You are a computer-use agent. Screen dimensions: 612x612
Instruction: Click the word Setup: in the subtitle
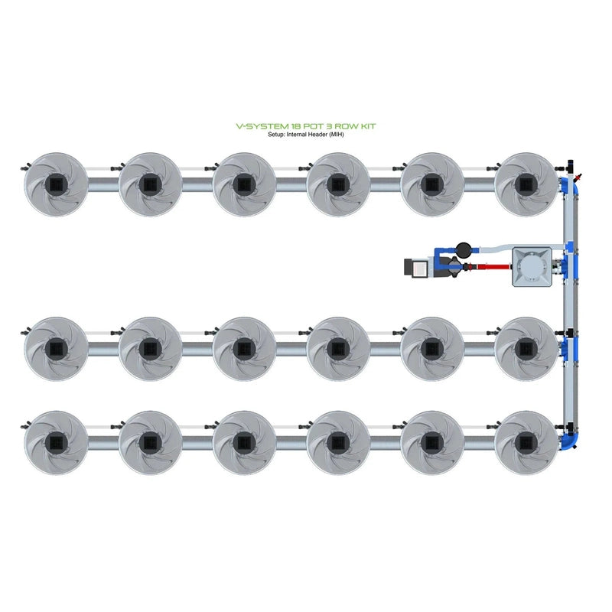(x=276, y=135)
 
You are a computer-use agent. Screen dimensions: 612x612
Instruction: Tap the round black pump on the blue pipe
(x=463, y=249)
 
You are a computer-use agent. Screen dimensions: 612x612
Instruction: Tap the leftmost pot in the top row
(x=56, y=184)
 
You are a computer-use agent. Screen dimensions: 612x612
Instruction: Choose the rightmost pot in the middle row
(x=526, y=348)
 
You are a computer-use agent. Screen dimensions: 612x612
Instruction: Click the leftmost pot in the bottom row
(x=56, y=442)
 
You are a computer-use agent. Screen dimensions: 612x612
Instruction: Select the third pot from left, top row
(x=244, y=184)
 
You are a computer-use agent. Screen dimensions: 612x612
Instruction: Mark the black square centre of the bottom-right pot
(x=526, y=442)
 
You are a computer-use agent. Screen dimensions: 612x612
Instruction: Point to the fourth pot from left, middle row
(x=338, y=348)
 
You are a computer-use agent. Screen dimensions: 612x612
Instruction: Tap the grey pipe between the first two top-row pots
(x=103, y=186)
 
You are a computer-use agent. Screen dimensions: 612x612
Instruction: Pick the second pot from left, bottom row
(x=150, y=442)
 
